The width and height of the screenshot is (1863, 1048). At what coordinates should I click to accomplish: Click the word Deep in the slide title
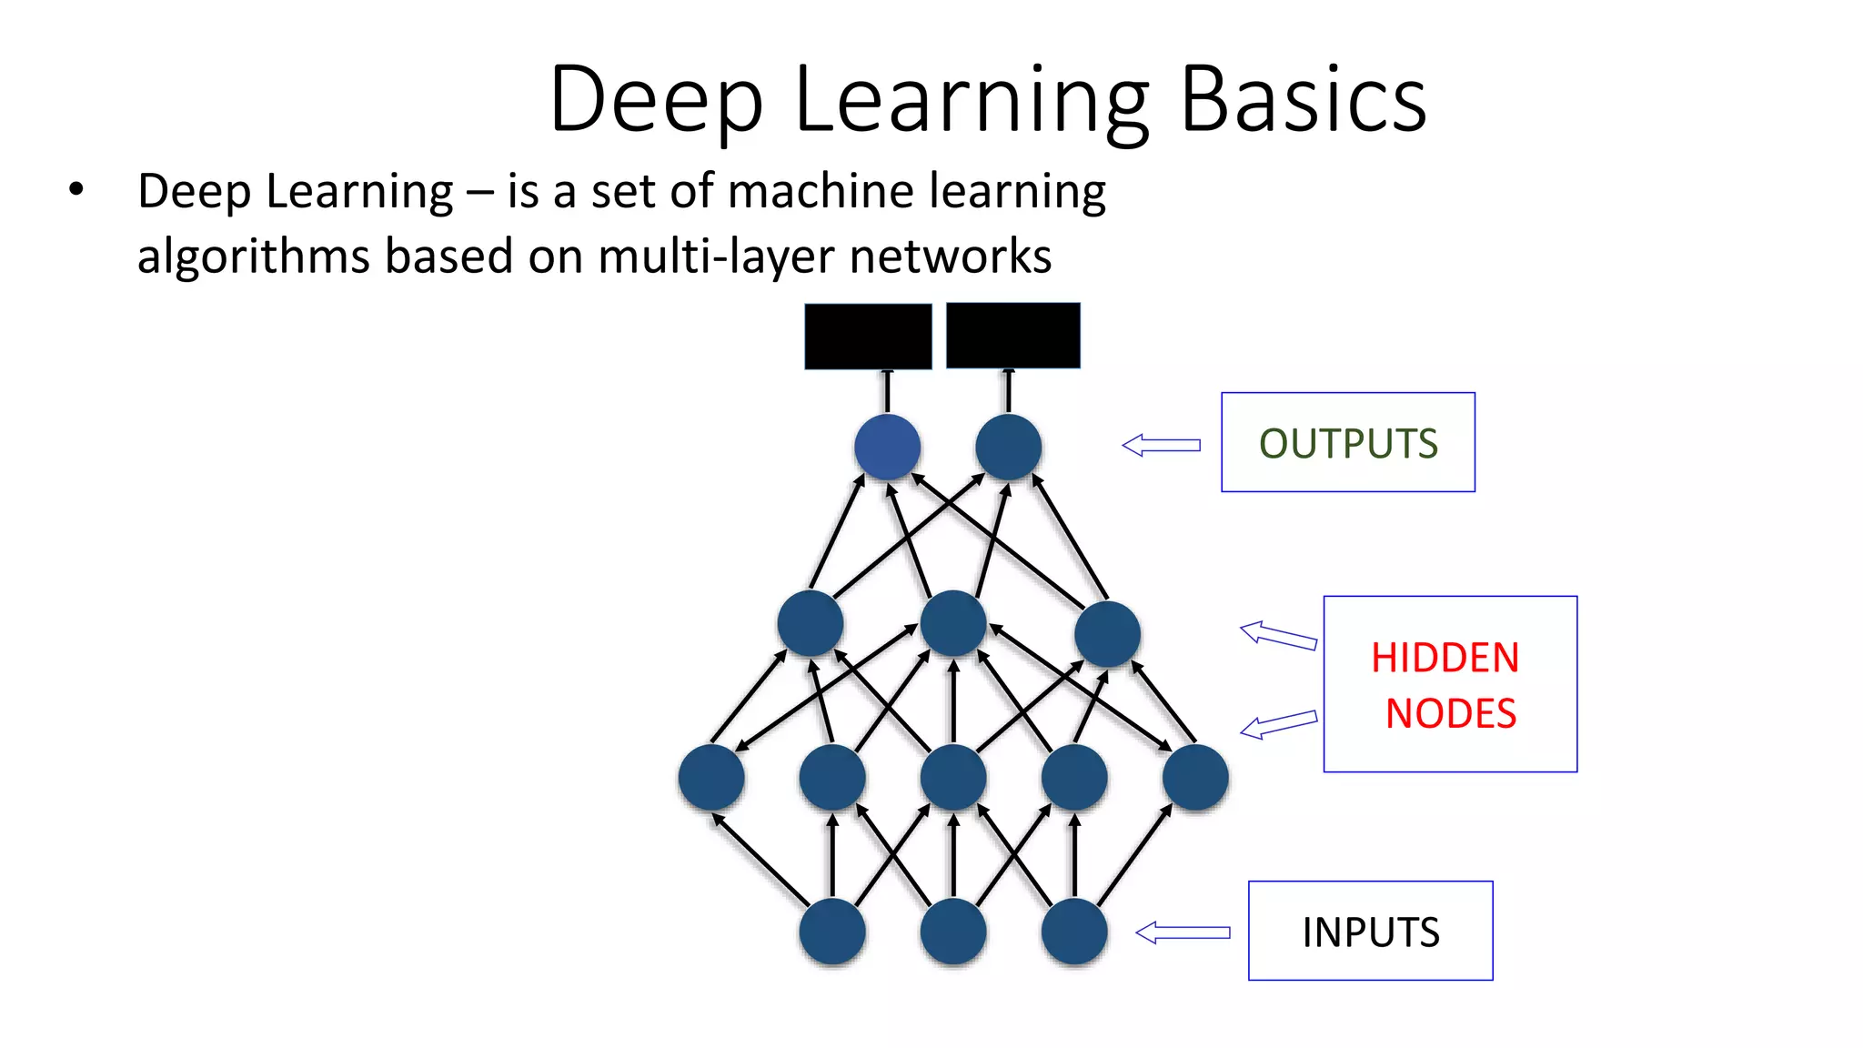(x=656, y=100)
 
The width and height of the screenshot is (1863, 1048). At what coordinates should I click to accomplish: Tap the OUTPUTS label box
(x=1347, y=443)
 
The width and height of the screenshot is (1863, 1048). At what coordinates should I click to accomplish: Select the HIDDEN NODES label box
(x=1449, y=684)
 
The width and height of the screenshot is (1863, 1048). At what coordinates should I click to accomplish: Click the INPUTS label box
(x=1370, y=931)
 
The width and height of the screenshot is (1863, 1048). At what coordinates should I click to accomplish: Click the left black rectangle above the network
(x=868, y=337)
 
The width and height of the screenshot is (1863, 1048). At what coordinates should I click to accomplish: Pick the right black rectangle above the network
(x=1012, y=336)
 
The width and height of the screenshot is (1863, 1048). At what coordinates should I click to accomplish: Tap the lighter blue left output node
(x=887, y=447)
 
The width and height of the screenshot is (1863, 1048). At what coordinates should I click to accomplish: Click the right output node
(x=1008, y=447)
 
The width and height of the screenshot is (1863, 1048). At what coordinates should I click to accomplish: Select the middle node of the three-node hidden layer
(x=952, y=623)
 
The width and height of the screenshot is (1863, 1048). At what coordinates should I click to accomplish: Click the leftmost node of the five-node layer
(x=711, y=777)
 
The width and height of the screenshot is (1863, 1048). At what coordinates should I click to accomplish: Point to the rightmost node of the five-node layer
(x=1195, y=777)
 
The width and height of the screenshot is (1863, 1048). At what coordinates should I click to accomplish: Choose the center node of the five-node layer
(x=952, y=777)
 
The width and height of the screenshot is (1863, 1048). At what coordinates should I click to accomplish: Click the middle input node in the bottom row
(x=952, y=932)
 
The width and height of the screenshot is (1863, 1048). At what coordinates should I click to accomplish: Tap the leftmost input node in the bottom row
(x=831, y=932)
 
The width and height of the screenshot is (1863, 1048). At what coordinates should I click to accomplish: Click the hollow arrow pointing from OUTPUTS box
(x=1161, y=445)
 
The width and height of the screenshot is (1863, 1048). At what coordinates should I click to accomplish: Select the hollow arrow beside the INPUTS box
(x=1183, y=932)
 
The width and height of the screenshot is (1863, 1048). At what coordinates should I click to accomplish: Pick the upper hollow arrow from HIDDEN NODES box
(x=1278, y=635)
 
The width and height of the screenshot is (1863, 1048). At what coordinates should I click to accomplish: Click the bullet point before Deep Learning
(x=76, y=190)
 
